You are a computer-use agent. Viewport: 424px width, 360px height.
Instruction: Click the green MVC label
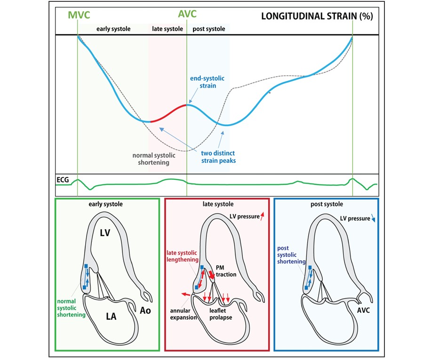coord(78,15)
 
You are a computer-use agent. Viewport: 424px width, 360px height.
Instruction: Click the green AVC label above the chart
coord(187,15)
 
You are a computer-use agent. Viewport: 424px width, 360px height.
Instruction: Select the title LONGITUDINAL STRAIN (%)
coord(317,16)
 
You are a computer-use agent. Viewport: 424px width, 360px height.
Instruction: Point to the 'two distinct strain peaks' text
coord(218,157)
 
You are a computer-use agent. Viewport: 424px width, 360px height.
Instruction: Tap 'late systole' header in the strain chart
coord(168,29)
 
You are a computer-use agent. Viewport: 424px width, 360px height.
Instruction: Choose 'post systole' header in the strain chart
coord(209,29)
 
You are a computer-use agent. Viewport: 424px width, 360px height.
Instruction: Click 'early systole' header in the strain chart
coord(113,29)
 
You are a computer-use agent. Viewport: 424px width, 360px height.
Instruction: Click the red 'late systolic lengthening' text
coord(183,256)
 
